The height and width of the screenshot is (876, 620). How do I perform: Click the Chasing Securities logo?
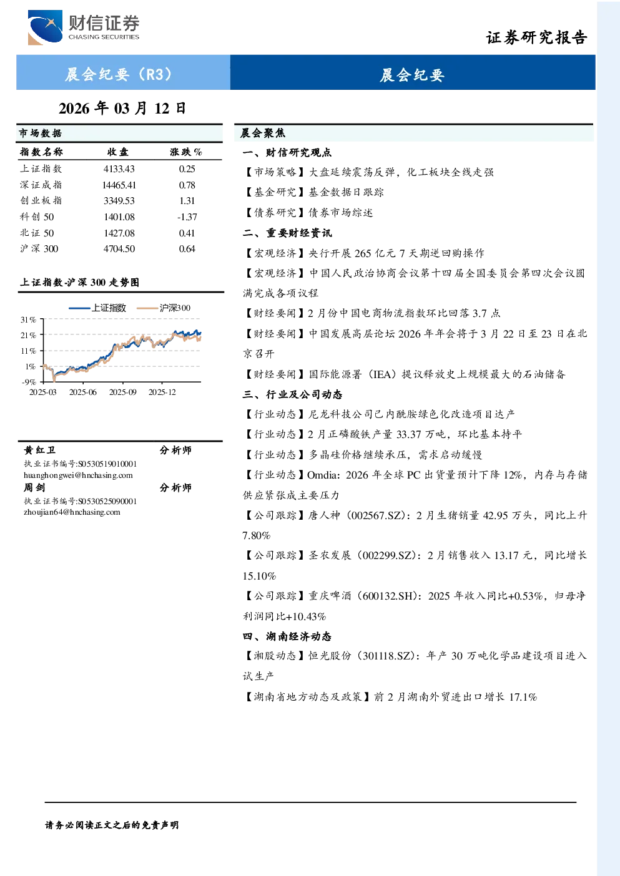click(84, 27)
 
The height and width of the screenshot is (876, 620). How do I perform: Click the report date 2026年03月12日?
click(122, 109)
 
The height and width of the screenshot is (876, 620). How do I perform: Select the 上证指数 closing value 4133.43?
click(119, 169)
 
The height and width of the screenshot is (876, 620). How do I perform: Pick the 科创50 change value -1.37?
click(187, 217)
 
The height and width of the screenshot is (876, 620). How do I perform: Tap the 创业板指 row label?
click(41, 201)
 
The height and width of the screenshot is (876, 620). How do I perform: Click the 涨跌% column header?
click(186, 152)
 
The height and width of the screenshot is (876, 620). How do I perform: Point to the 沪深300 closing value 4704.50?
click(119, 249)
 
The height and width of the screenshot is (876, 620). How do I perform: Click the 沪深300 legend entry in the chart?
click(163, 308)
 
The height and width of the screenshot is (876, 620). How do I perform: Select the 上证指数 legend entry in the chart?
click(97, 308)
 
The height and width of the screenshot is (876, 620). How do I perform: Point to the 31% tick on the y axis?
click(28, 320)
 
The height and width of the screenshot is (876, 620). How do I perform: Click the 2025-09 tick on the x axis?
click(123, 392)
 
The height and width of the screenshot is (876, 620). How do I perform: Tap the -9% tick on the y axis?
click(29, 382)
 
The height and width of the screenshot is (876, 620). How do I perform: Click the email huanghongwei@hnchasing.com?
click(78, 475)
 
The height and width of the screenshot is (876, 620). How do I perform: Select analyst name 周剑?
click(34, 488)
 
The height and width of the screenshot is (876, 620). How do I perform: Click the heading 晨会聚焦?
click(263, 134)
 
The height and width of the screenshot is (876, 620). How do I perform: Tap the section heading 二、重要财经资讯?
click(287, 233)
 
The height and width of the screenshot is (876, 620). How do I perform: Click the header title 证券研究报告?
click(536, 38)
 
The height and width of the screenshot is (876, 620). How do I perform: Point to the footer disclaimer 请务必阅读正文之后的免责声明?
click(112, 825)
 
